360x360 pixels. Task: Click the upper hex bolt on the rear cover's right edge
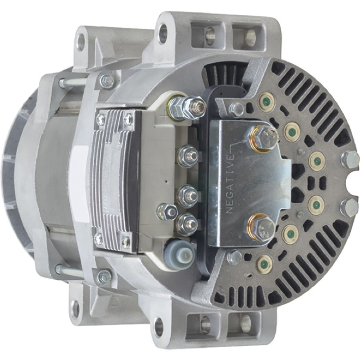coord(350,159)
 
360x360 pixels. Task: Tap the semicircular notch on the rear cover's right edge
coord(354,184)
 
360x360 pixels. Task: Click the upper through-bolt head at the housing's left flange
coord(106,81)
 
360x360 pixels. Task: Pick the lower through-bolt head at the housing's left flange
coord(104,276)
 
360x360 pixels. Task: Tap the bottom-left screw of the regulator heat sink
coord(98,239)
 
